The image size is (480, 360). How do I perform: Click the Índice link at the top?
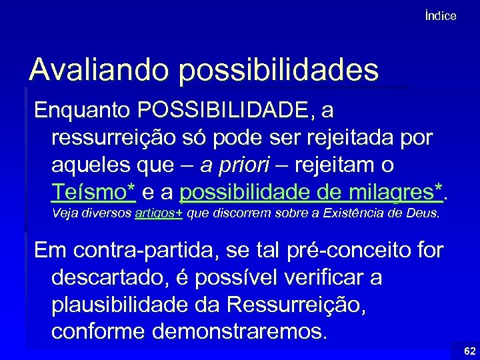440,16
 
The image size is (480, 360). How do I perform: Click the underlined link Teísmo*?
93,193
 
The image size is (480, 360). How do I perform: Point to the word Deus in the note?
421,214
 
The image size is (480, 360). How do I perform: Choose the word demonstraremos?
240,331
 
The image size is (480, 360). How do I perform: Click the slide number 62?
469,351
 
